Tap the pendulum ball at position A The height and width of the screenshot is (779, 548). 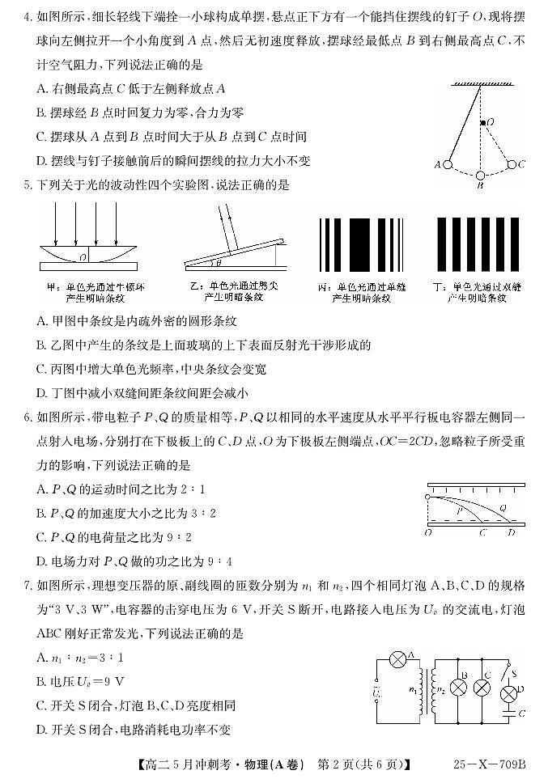(x=447, y=164)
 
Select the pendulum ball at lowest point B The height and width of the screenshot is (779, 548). (x=480, y=175)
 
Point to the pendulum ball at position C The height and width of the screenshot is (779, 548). (x=512, y=164)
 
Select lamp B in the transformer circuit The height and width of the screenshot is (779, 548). (x=457, y=688)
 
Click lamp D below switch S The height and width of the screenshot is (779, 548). (x=508, y=692)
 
